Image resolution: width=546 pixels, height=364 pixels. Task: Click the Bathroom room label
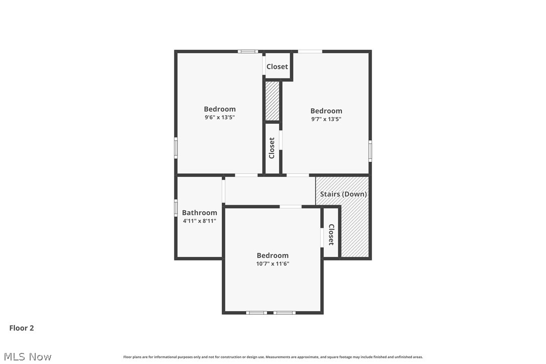pyautogui.click(x=200, y=213)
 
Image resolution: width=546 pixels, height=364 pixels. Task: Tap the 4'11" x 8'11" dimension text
pyautogui.click(x=200, y=221)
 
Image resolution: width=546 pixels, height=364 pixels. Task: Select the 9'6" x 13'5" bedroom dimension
pyautogui.click(x=220, y=117)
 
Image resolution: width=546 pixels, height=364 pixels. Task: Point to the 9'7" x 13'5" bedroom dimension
pyautogui.click(x=326, y=119)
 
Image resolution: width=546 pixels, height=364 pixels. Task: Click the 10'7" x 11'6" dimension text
pyautogui.click(x=272, y=263)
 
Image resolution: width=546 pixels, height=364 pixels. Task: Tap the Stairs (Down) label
pyautogui.click(x=343, y=194)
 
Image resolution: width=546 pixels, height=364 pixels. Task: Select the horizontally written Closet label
pyautogui.click(x=277, y=66)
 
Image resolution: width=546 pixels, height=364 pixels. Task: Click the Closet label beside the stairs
pyautogui.click(x=331, y=234)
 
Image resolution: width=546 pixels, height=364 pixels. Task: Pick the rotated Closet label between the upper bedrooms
pyautogui.click(x=272, y=148)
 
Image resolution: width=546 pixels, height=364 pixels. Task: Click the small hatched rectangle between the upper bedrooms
pyautogui.click(x=272, y=101)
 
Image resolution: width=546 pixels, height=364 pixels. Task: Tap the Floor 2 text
pyautogui.click(x=22, y=328)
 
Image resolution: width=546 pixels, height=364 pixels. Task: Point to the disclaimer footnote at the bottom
pyautogui.click(x=273, y=357)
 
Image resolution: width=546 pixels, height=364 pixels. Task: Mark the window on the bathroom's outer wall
pyautogui.click(x=176, y=208)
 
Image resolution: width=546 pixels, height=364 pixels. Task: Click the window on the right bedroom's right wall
pyautogui.click(x=370, y=150)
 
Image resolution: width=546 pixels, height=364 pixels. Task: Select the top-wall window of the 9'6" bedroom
pyautogui.click(x=247, y=51)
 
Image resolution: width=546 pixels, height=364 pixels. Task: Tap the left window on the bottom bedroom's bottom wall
pyautogui.click(x=256, y=313)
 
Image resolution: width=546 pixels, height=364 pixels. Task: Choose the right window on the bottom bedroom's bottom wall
pyautogui.click(x=284, y=313)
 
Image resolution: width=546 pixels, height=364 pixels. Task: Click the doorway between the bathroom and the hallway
pyautogui.click(x=224, y=191)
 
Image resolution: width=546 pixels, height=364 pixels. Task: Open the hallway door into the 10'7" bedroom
pyautogui.click(x=291, y=206)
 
